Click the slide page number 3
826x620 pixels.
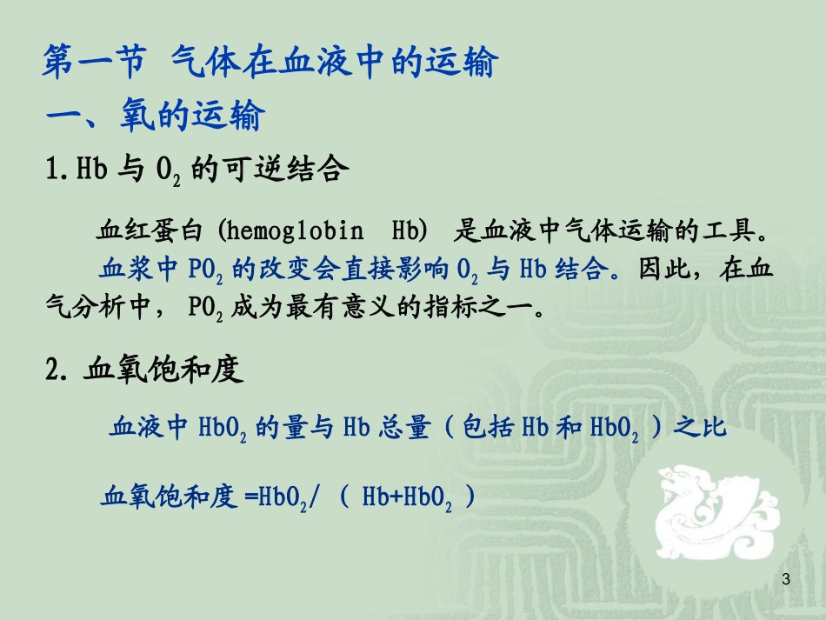click(786, 580)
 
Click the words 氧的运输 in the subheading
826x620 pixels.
click(190, 116)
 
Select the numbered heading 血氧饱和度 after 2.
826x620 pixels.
click(163, 371)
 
